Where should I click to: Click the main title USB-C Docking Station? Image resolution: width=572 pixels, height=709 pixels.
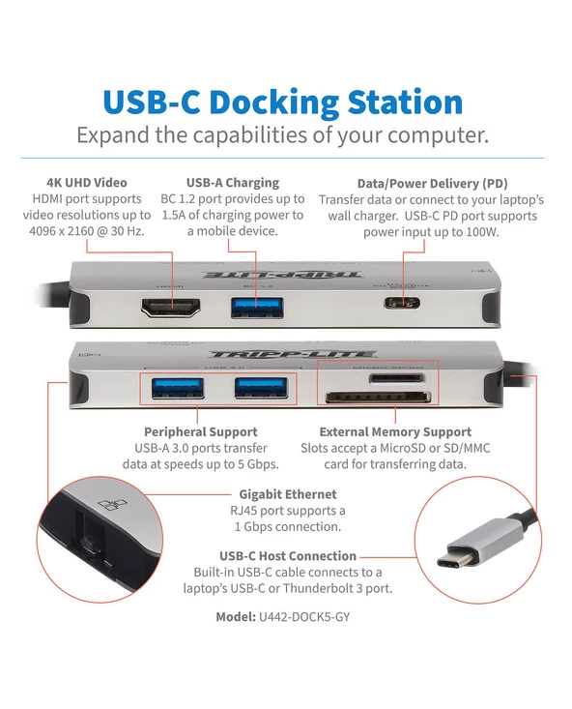[282, 102]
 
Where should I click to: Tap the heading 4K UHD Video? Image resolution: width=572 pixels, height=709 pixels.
[86, 182]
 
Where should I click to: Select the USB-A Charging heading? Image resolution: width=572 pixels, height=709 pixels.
[232, 182]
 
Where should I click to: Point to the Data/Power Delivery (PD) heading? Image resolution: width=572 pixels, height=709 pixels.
[432, 183]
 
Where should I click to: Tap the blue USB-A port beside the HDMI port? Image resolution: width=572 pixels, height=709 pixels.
[257, 308]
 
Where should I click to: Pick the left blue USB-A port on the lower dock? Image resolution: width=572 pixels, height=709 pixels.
[176, 389]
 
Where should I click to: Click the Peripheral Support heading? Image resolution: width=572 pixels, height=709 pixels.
[200, 431]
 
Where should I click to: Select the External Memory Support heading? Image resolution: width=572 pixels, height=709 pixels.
[395, 431]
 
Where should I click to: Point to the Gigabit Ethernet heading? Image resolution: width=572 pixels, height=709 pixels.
[287, 493]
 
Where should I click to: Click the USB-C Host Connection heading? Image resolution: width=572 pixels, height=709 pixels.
[287, 555]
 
